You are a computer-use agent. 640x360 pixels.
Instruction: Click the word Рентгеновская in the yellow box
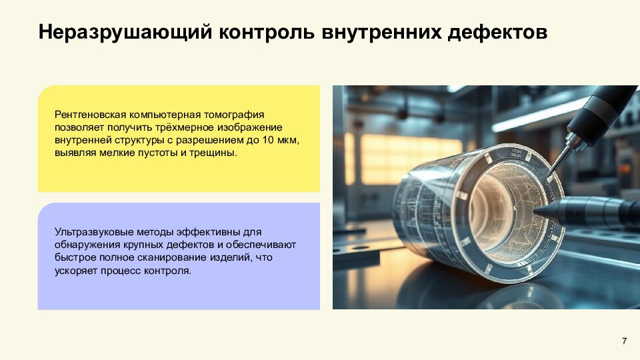86,115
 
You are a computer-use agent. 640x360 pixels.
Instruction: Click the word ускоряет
75,270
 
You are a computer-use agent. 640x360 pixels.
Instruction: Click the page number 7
624,341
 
